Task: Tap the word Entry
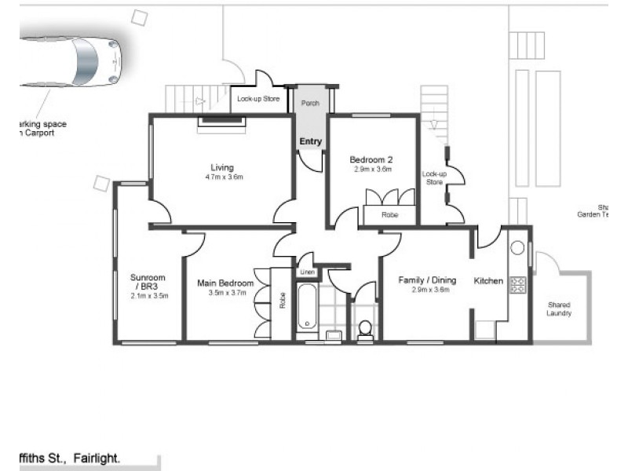tap(311, 141)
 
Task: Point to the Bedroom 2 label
tap(371, 159)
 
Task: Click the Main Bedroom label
tap(225, 283)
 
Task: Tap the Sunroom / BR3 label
tap(148, 281)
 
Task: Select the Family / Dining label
tap(426, 279)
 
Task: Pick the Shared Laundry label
tap(560, 309)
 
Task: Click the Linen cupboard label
tap(305, 272)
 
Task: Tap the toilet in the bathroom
tap(364, 327)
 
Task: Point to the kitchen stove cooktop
tap(518, 284)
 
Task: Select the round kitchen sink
tap(518, 248)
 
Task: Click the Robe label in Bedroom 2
tap(389, 214)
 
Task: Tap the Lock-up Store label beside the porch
tap(258, 100)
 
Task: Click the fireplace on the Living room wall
tap(221, 120)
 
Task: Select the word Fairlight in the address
tap(98, 456)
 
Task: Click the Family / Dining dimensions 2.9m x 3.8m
tap(426, 290)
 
